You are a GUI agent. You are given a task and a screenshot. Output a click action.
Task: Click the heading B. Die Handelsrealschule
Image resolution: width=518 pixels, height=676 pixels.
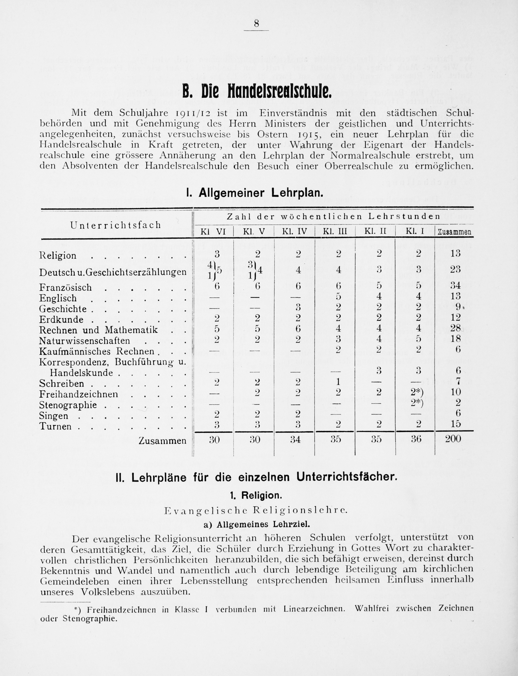click(x=257, y=92)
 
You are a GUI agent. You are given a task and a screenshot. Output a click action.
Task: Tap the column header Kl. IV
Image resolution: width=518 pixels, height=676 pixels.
click(x=294, y=231)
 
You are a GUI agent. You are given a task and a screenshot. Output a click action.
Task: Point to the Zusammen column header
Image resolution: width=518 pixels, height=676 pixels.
click(x=454, y=232)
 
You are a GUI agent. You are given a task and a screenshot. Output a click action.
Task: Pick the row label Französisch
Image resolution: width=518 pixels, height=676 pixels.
click(x=66, y=288)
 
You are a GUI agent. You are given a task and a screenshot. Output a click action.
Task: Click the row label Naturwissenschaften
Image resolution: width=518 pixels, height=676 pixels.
click(x=85, y=341)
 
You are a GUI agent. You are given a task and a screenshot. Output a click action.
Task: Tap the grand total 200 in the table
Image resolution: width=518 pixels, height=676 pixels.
click(x=453, y=438)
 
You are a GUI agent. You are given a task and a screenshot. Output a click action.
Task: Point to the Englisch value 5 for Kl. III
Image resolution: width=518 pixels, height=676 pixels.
click(x=338, y=296)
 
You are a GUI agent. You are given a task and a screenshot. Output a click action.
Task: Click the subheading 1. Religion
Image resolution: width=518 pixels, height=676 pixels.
click(x=256, y=495)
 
